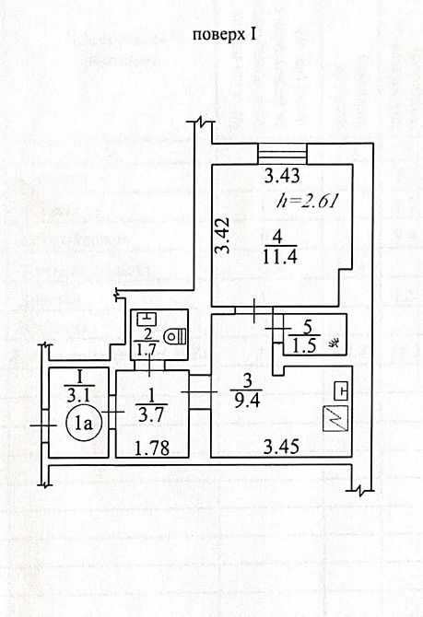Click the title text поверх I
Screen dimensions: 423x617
[225, 35]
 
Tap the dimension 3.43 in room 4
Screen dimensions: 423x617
[282, 176]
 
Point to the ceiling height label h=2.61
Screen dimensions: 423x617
[308, 201]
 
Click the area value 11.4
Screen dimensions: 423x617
[279, 257]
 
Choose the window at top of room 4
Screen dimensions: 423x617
[282, 154]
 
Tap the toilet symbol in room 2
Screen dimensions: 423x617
[175, 335]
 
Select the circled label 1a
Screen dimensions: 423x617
[84, 424]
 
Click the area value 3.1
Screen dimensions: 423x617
[78, 395]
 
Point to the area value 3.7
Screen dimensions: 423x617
[151, 414]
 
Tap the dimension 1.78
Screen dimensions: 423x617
[152, 448]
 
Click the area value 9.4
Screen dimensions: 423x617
[247, 402]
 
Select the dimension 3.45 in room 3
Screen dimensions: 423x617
[281, 447]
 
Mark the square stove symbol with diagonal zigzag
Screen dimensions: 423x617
[335, 418]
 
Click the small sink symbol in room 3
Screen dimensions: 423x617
[341, 391]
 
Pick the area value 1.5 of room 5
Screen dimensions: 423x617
[304, 346]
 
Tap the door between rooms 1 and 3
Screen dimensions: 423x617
[200, 392]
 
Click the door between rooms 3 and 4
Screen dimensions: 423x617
[254, 311]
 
